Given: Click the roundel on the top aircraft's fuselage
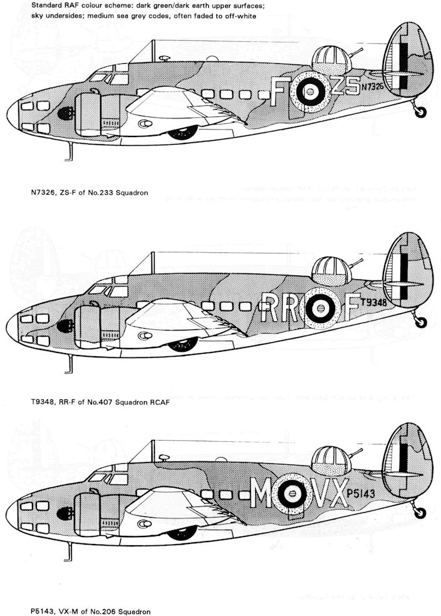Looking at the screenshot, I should point(308,95).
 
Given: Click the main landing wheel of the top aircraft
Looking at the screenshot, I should point(183,133).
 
